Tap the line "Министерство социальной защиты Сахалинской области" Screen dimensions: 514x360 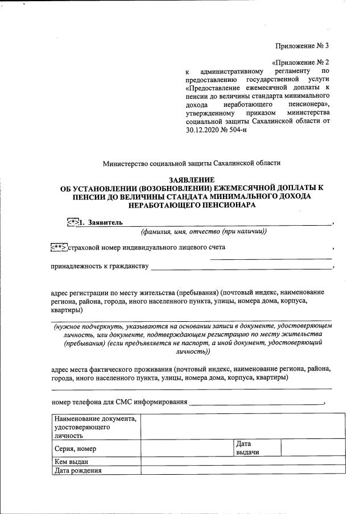coord(192,163)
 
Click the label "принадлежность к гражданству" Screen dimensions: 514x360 coord(100,266)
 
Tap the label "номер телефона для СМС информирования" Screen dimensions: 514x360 coord(119,403)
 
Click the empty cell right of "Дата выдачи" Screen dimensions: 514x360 coord(312,447)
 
